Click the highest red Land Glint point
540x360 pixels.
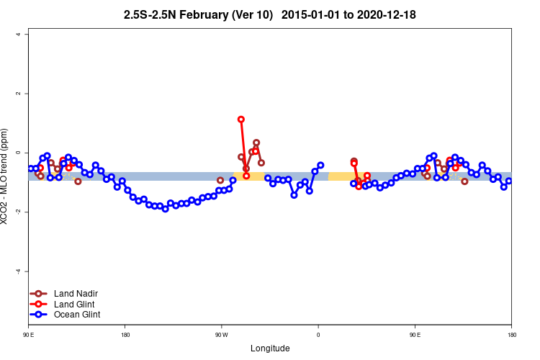[x=241, y=120]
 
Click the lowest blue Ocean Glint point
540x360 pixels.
[x=165, y=209]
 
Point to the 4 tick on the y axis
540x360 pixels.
[x=27, y=35]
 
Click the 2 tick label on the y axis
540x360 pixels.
[x=19, y=94]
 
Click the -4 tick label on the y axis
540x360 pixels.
[x=19, y=271]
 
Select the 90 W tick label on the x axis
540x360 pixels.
[x=221, y=335]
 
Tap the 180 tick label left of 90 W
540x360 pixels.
[x=125, y=335]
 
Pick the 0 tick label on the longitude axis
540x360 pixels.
[x=318, y=335]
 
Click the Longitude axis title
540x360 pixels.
[x=270, y=348]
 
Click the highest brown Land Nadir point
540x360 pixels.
[x=256, y=143]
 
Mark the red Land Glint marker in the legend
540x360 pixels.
[x=39, y=304]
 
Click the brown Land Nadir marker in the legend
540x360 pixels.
[x=39, y=294]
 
